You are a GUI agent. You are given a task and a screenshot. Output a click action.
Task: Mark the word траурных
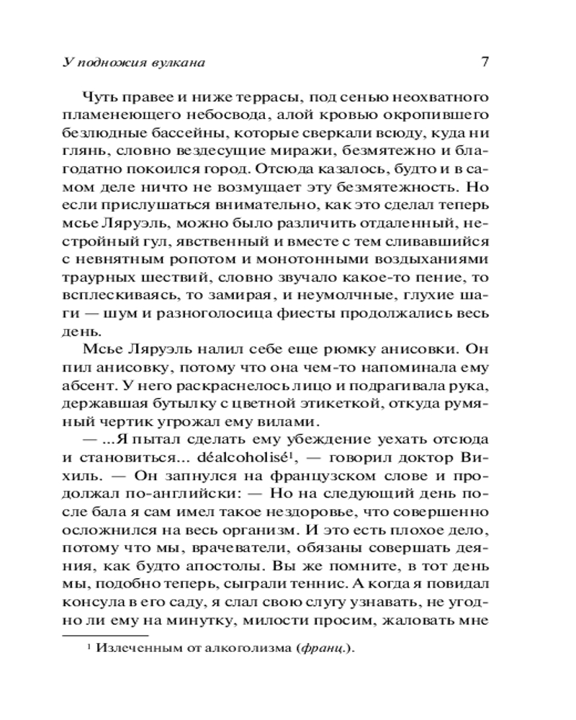click(96, 277)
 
